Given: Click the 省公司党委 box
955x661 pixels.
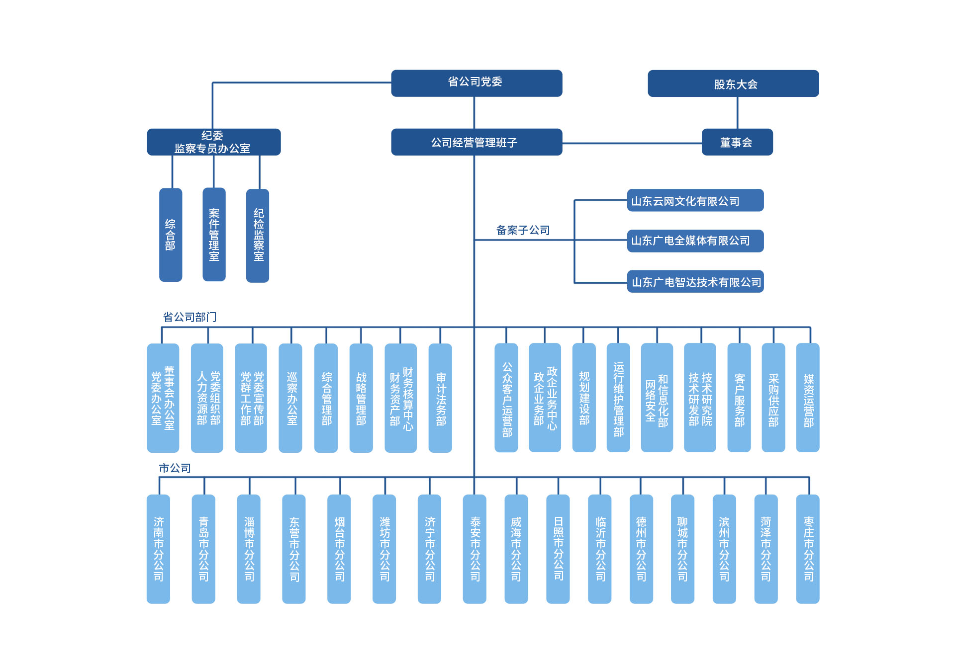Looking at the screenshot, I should click(x=476, y=83).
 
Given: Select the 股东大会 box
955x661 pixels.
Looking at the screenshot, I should click(x=733, y=83).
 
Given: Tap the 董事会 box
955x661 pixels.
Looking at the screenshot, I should click(x=737, y=142).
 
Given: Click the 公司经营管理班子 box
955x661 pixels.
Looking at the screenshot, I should click(x=476, y=142).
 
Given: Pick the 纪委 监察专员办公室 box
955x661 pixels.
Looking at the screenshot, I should click(x=213, y=142).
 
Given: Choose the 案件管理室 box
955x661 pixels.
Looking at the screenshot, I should click(x=214, y=234).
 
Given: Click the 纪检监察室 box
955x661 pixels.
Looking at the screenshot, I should click(x=258, y=235).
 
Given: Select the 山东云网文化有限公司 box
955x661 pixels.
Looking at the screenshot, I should click(x=695, y=200).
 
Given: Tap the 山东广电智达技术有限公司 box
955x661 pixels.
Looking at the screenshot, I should click(x=695, y=282).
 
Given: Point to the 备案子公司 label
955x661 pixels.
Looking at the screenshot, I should click(x=523, y=230).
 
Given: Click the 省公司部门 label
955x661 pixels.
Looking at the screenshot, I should click(x=190, y=317).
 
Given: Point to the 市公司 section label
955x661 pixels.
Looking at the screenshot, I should click(x=175, y=468).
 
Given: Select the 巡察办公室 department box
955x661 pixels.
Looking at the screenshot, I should click(x=290, y=398).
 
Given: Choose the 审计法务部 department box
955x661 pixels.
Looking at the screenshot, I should click(x=440, y=398).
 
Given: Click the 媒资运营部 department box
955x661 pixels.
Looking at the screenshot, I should click(x=807, y=398).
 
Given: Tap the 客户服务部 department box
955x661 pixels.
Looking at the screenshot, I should click(x=739, y=398).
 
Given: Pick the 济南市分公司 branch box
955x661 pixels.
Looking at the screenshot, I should click(x=158, y=549).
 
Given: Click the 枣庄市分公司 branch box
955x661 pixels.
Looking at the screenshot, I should click(x=807, y=549).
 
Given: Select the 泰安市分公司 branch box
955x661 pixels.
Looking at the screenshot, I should click(x=475, y=549).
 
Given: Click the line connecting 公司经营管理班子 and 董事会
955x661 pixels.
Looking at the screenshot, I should click(x=632, y=143).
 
